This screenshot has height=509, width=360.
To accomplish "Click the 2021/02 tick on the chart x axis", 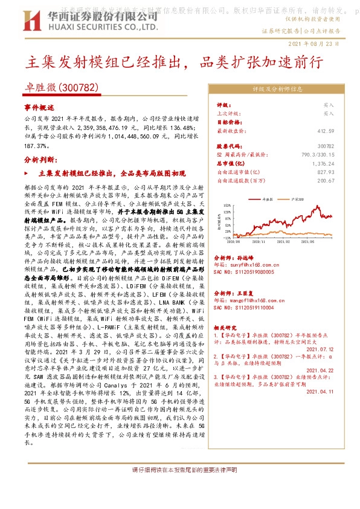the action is [x=284, y=241].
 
